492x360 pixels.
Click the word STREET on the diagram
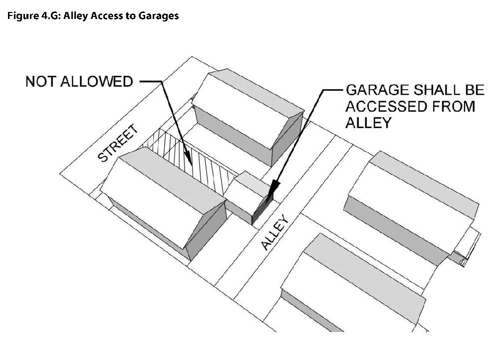tap(118, 144)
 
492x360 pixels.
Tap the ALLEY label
tap(274, 232)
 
